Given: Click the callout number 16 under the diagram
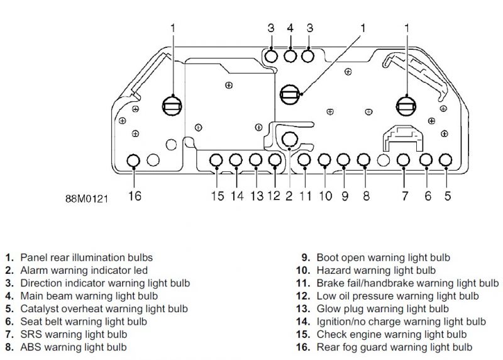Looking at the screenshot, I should tap(135, 196).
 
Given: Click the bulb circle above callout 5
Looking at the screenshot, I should tap(446, 160).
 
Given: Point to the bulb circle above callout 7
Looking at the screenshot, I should tap(404, 160).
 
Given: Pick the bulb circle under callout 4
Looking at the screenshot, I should tap(290, 56).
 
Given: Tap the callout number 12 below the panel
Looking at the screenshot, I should tap(274, 196).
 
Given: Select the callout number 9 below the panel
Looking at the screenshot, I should tap(345, 196).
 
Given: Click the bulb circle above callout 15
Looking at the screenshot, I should tap(217, 160).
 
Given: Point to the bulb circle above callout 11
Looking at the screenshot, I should tap(305, 160).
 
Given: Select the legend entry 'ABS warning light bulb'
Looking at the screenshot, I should tap(74, 346).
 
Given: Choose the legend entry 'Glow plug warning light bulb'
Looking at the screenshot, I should tap(382, 308).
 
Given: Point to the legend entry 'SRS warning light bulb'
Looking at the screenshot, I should tap(74, 334).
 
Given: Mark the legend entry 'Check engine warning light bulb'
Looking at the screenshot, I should tap(392, 334).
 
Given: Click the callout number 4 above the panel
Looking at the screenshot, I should tap(290, 28).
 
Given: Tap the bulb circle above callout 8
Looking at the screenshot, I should tap(364, 160).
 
